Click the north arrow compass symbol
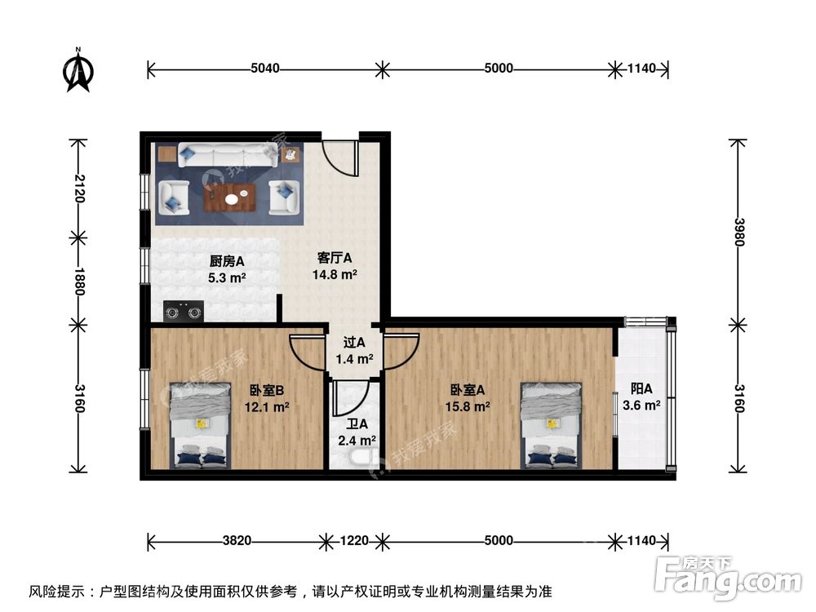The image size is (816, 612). (78, 71)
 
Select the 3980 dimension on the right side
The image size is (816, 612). (738, 231)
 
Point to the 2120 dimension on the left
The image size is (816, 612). (78, 189)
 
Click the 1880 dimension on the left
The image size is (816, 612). (78, 280)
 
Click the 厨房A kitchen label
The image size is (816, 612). (228, 262)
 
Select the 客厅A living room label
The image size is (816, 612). (335, 259)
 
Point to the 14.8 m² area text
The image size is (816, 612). (335, 275)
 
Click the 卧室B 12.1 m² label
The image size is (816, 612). (267, 397)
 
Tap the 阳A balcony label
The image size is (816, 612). (641, 397)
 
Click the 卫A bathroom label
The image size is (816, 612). (357, 432)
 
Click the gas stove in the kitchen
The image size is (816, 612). (183, 310)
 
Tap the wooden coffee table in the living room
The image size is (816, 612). (231, 197)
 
